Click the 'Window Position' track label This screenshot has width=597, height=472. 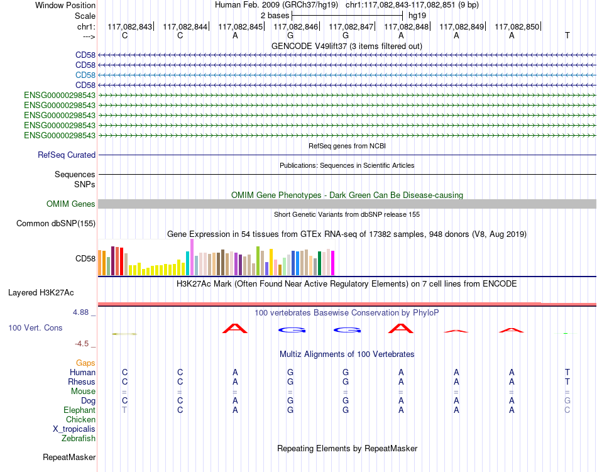tap(65, 5)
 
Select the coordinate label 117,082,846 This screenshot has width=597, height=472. tap(295, 26)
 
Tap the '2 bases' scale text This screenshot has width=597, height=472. tap(275, 16)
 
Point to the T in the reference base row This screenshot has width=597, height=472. tap(567, 35)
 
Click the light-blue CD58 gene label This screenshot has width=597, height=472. tap(85, 75)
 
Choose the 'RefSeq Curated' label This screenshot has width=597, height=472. tap(67, 155)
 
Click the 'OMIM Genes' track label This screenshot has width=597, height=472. tap(70, 204)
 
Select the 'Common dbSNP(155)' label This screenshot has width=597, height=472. tap(55, 224)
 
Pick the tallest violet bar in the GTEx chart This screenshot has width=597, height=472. tap(192, 257)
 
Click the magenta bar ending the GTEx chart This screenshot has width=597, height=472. tap(333, 263)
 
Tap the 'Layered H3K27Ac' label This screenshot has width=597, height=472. tap(41, 293)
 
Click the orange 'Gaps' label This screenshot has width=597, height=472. tap(85, 363)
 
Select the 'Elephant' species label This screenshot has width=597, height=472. tap(79, 410)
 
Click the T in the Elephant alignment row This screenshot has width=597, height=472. tap(124, 410)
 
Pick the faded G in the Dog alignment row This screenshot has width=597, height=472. tap(567, 400)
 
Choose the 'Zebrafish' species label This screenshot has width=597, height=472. tap(79, 439)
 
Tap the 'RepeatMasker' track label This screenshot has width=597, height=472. tap(69, 457)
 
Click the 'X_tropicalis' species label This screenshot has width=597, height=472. tap(74, 429)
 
